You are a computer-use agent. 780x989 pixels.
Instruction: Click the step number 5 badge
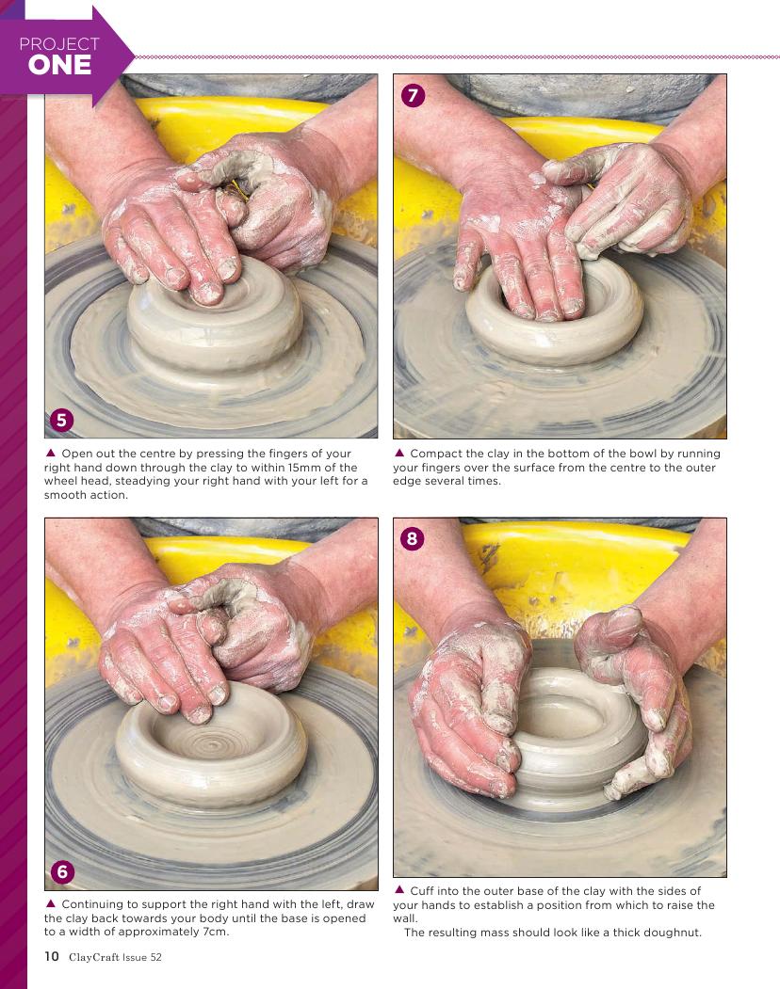click(61, 420)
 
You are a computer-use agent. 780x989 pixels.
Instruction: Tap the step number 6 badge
click(62, 871)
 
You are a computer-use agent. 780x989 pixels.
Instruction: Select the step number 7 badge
click(413, 95)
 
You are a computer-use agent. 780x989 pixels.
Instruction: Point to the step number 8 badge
click(413, 538)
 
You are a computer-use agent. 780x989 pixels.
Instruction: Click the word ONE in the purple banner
click(59, 65)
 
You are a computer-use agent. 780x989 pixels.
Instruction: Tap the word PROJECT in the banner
click(59, 44)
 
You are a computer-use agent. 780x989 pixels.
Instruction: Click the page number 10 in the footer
click(52, 956)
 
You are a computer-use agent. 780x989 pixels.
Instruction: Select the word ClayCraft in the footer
click(94, 957)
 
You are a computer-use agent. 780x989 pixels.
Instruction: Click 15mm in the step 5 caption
click(304, 468)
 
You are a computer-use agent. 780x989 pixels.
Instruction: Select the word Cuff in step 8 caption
click(421, 890)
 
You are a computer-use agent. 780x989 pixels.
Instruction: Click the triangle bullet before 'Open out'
click(51, 453)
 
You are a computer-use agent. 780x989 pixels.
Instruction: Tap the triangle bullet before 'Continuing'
click(51, 904)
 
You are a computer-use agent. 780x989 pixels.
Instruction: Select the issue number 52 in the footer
click(155, 957)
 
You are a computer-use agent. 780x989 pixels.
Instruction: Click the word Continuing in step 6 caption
click(92, 904)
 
